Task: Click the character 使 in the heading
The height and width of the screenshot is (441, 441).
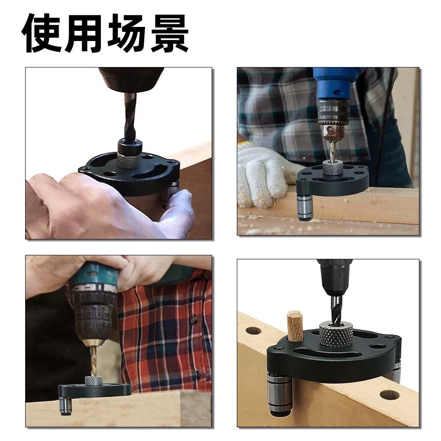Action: [x=41, y=33]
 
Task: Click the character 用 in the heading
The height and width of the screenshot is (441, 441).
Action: [x=83, y=33]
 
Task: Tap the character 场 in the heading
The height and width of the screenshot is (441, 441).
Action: [x=125, y=33]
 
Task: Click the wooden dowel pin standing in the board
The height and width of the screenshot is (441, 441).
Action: [x=295, y=326]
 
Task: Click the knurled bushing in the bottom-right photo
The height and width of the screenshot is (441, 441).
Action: [x=336, y=335]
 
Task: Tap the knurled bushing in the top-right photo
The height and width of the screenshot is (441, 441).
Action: [x=333, y=167]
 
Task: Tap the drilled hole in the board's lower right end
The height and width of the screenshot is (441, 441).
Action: [x=389, y=395]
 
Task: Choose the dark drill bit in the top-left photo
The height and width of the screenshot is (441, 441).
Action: [x=130, y=117]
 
